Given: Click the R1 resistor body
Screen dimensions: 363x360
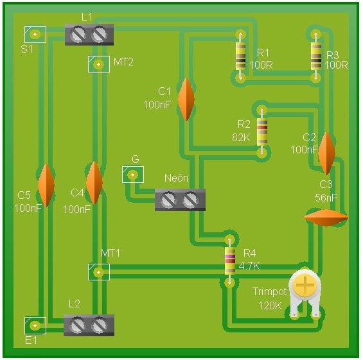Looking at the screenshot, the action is pyautogui.click(x=240, y=56).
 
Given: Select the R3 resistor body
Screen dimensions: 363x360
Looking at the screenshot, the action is pyautogui.click(x=315, y=56).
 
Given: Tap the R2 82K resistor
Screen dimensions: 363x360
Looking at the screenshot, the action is pyautogui.click(x=262, y=132).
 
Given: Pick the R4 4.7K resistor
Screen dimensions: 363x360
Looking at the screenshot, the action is pyautogui.click(x=230, y=261).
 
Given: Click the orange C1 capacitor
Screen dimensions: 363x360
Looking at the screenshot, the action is pyautogui.click(x=186, y=99).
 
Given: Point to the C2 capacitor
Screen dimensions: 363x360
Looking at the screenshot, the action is pyautogui.click(x=326, y=153).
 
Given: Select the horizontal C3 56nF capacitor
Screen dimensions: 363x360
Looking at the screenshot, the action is pyautogui.click(x=326, y=218).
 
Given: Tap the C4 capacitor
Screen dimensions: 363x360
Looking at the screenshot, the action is pyautogui.click(x=94, y=183).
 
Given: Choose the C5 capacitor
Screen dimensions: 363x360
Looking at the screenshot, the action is pyautogui.click(x=46, y=185).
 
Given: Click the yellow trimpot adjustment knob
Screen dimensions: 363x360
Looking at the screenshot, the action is pyautogui.click(x=305, y=285).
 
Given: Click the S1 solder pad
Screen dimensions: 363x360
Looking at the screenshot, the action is pyautogui.click(x=35, y=35).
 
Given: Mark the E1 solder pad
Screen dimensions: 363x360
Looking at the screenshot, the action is pyautogui.click(x=35, y=325).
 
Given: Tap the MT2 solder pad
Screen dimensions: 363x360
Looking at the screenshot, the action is pyautogui.click(x=99, y=64).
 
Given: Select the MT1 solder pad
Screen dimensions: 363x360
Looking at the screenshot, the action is pyautogui.click(x=99, y=272).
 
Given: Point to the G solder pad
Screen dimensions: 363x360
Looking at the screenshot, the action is pyautogui.click(x=133, y=175).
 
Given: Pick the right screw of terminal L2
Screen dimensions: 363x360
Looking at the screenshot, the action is pyautogui.click(x=99, y=325).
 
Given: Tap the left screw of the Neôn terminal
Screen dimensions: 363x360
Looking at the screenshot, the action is pyautogui.click(x=168, y=200).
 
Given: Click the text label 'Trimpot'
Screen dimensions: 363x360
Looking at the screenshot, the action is pyautogui.click(x=269, y=292).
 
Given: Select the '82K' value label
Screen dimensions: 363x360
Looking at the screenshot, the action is pyautogui.click(x=241, y=138).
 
